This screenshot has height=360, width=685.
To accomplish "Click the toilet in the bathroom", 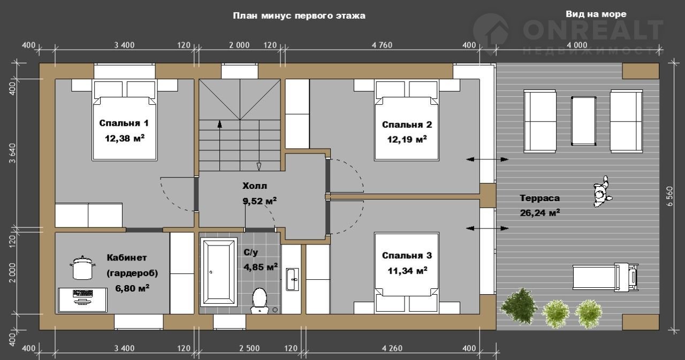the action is point(260,301).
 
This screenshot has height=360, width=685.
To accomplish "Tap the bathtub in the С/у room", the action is point(219,272).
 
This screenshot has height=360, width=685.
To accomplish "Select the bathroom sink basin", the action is point(292,279).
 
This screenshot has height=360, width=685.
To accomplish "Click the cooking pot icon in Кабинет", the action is point(82,267).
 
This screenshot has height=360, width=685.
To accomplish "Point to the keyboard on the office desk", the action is point(82,293).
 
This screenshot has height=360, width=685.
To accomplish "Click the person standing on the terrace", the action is point(603,192).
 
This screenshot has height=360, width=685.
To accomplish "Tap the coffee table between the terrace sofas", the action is point(583,121).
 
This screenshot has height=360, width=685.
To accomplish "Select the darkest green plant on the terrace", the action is point(519,305).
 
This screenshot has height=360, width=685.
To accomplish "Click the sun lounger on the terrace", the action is point(605,277).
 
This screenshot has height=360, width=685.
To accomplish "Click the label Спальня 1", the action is point(124,123).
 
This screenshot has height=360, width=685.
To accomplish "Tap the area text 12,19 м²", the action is point(407,140).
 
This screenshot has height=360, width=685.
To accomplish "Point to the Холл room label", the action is point(255,186).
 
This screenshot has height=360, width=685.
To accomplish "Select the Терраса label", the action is point(540,198).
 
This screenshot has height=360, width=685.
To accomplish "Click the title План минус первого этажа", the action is point(299,16).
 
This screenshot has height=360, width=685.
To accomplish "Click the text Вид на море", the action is point(596,14).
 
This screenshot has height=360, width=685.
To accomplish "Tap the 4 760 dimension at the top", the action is point(382,45).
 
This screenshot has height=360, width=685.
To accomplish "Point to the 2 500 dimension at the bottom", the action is point(249,348).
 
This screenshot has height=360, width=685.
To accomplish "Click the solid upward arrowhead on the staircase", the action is point(219,124).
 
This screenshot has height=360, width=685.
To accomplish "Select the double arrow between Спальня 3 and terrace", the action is point(487,228).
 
